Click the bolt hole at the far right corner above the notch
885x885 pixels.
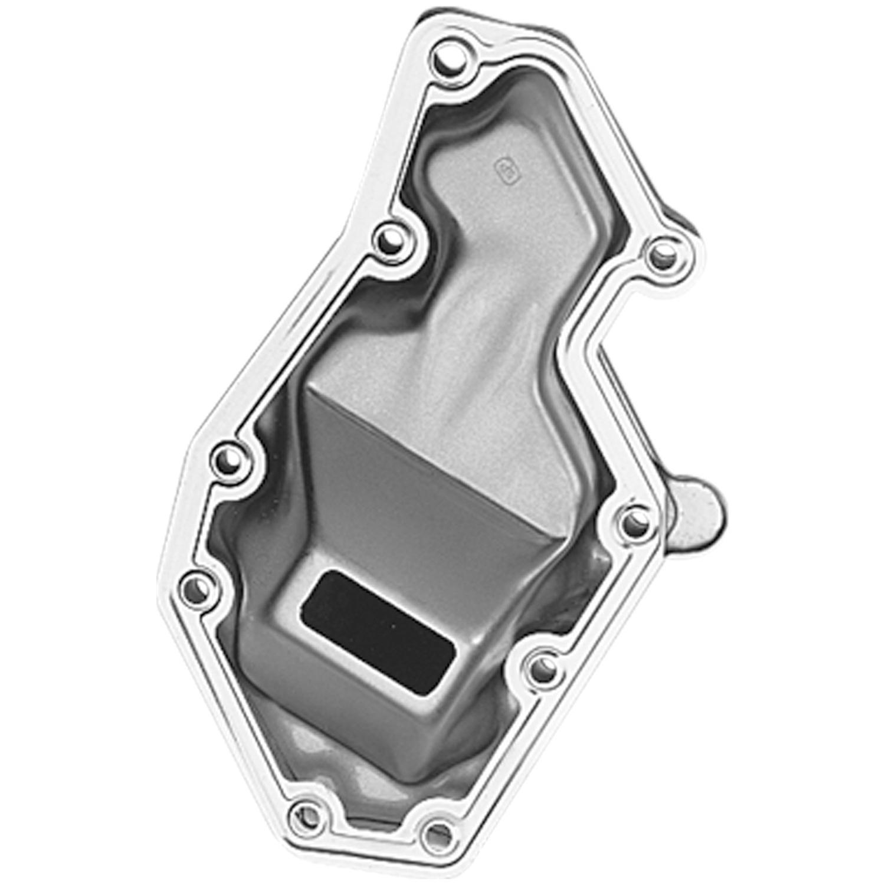[x=665, y=256]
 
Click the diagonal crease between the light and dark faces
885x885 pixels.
[x=425, y=448]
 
